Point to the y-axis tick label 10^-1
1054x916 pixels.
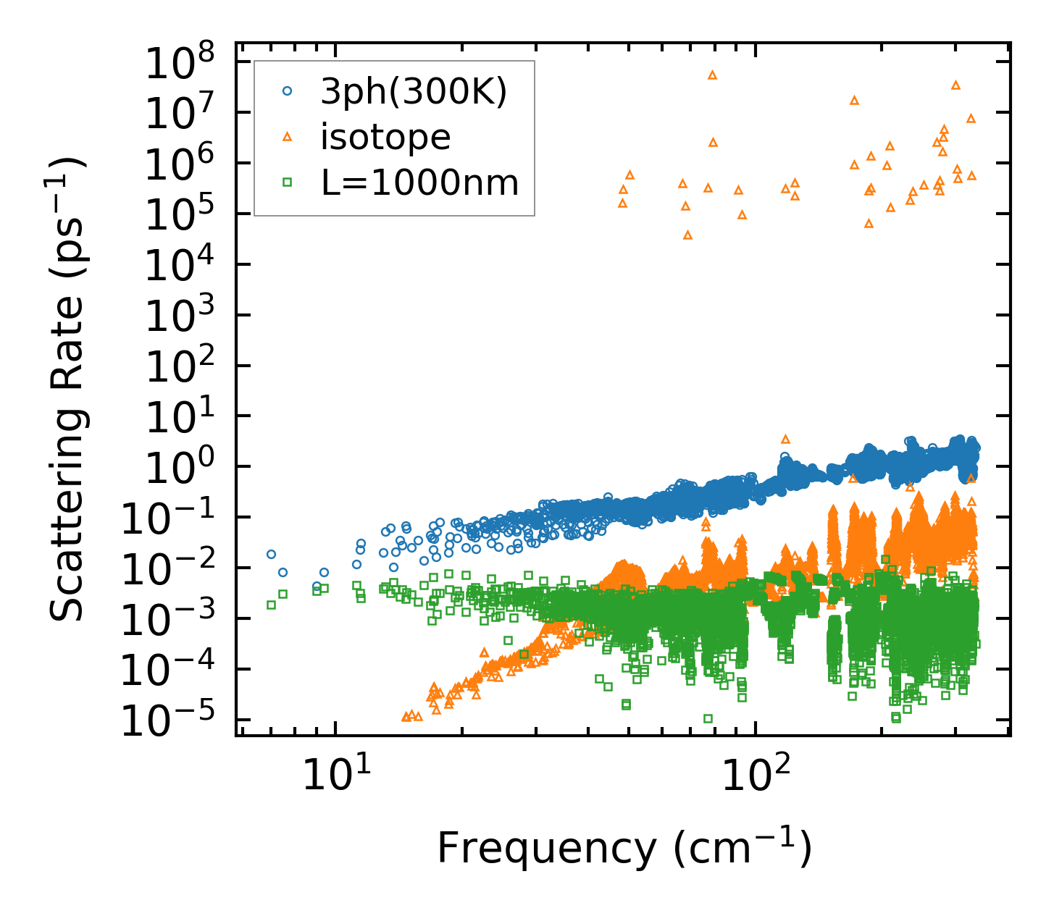pyautogui.click(x=174, y=519)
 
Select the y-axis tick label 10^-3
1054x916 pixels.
pyautogui.click(x=174, y=621)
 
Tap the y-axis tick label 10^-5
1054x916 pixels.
pyautogui.click(x=174, y=722)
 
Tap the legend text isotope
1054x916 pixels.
pyautogui.click(x=385, y=137)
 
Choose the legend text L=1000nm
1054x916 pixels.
pyautogui.click(x=419, y=183)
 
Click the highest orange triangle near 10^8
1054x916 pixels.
pyautogui.click(x=712, y=75)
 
